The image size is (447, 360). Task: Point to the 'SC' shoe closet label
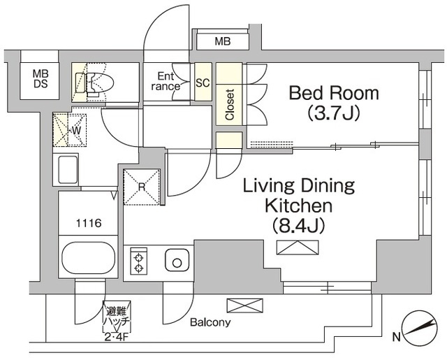[203, 82]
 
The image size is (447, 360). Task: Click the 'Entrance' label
[166, 81]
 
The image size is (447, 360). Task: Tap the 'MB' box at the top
[222, 42]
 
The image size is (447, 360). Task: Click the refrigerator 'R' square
[142, 187]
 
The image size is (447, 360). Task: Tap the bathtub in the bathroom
[88, 259]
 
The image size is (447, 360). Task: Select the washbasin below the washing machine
[68, 169]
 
